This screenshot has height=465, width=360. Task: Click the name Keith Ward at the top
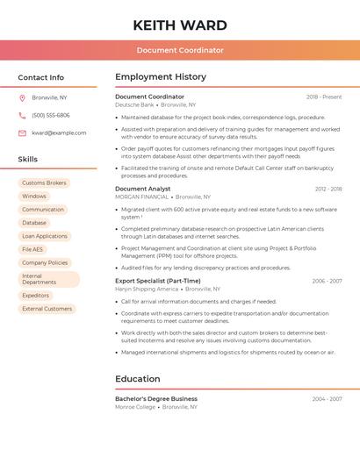click(180, 25)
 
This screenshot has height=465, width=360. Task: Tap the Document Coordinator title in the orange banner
click(180, 50)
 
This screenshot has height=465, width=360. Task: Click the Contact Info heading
click(41, 77)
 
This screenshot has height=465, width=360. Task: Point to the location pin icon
click(22, 97)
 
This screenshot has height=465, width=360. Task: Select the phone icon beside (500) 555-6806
click(22, 115)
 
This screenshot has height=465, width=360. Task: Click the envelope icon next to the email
click(22, 132)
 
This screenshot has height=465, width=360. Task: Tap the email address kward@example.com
click(59, 132)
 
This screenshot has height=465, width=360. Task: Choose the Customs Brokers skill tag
click(44, 182)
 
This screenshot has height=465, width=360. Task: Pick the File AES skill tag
click(32, 249)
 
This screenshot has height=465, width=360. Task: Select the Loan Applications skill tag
click(45, 236)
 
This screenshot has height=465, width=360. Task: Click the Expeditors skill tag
click(36, 296)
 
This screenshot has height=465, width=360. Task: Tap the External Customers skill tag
click(47, 309)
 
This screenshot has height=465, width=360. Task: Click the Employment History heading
click(161, 77)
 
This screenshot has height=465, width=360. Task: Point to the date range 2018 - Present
click(324, 97)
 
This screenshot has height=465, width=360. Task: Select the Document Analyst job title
click(143, 189)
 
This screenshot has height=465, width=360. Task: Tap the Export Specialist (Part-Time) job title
click(158, 281)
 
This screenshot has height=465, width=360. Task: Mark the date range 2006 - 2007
click(327, 281)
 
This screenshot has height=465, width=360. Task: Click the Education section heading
click(138, 379)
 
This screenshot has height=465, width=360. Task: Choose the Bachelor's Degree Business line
click(156, 398)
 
